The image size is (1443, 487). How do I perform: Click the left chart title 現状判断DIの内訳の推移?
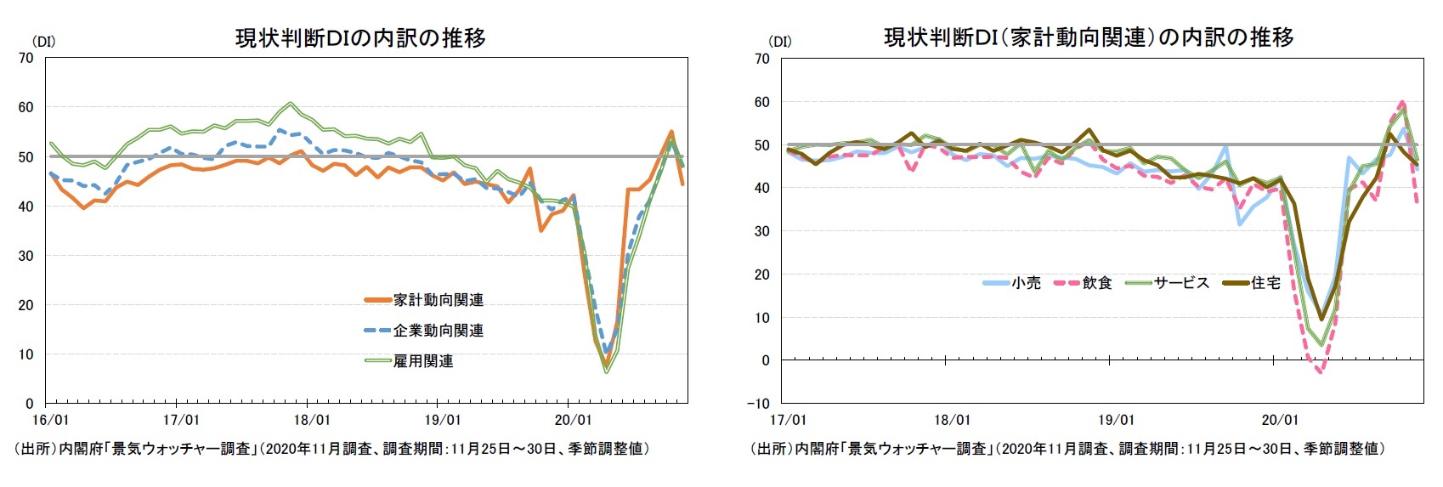coord(360,38)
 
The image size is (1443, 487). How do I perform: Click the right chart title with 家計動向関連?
coord(1089,37)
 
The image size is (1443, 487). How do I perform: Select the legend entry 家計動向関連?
coord(438,300)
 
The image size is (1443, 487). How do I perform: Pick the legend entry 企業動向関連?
coord(438,331)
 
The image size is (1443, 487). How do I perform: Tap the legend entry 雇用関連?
coord(422,361)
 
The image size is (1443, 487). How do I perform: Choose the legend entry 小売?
coord(1026,283)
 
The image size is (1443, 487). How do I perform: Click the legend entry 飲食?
coord(1097,283)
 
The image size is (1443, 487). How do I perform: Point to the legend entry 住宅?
coord(1265,283)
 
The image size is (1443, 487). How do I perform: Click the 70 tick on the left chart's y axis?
coord(26,58)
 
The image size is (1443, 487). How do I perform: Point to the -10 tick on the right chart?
coord(760,403)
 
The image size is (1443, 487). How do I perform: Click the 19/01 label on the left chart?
coord(442,420)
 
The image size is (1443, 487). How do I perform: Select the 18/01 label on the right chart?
coord(952,420)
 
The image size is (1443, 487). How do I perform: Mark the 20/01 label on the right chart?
coord(1279,420)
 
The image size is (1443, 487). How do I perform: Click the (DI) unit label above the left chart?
coord(43,41)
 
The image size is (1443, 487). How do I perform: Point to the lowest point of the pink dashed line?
coord(1319,371)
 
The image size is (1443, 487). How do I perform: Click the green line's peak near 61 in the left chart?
coord(291,104)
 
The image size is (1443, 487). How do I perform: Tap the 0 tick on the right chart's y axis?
coord(766,360)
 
